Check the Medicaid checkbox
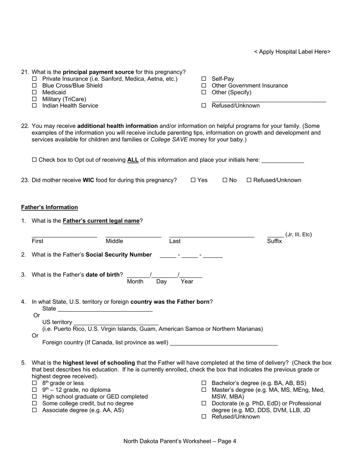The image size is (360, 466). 34,92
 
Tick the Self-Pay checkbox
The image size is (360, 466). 203,79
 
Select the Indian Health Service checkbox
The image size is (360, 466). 34,106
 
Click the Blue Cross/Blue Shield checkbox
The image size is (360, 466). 34,86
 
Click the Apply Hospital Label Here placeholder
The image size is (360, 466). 292,52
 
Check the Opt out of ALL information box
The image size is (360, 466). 34,160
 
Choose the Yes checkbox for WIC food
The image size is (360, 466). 193,180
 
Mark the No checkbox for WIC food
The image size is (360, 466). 225,180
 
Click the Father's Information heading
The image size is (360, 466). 49,207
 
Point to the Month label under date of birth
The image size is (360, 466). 135,281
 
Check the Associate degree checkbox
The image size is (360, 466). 34,410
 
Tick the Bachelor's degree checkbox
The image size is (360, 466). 203,383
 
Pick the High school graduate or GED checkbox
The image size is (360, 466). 34,397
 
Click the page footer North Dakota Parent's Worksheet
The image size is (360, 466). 180,441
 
